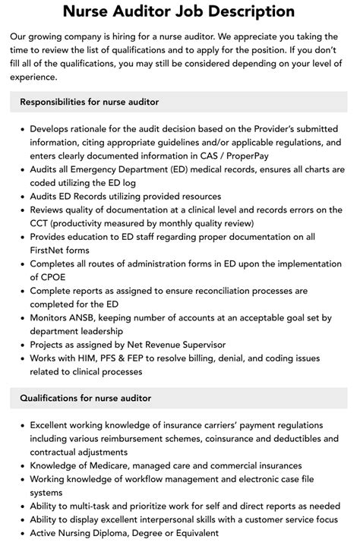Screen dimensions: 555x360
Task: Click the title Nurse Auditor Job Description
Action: tap(179, 11)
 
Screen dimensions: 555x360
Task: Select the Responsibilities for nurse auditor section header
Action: tap(90, 102)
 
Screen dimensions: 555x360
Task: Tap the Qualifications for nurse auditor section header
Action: tap(85, 398)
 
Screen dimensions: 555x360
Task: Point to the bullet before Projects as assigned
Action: tap(21, 345)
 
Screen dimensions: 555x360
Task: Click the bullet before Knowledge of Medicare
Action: tap(21, 465)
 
